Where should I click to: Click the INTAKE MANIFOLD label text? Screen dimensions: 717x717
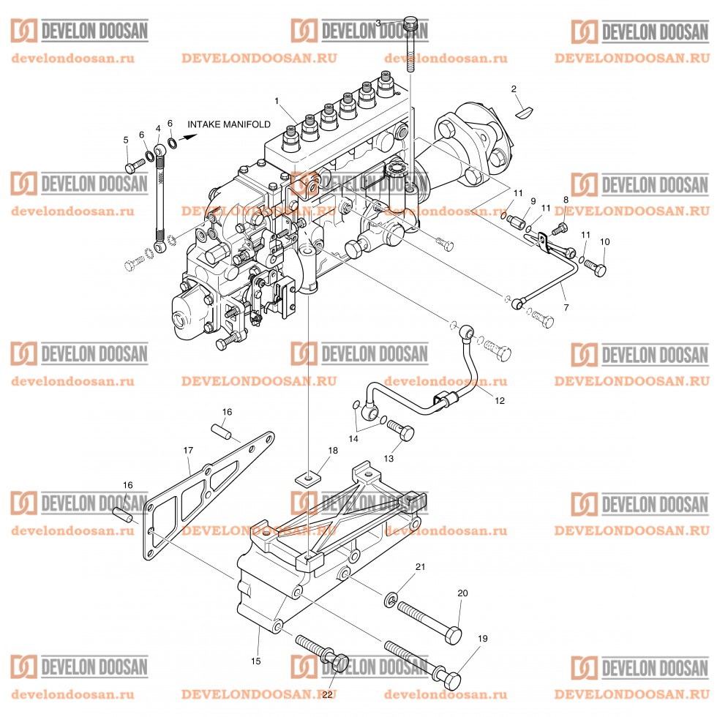[x=229, y=124]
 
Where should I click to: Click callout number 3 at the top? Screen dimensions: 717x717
[x=378, y=23]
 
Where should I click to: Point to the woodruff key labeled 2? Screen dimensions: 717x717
[x=523, y=111]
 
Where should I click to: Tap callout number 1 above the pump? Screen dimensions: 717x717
[x=277, y=100]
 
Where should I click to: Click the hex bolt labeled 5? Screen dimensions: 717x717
[x=132, y=168]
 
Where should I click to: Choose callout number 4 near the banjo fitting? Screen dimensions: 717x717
[x=158, y=129]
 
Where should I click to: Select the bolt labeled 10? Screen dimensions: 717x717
[x=595, y=269]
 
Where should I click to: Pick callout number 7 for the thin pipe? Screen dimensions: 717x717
[x=566, y=308]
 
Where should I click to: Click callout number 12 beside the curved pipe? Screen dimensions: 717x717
[x=500, y=400]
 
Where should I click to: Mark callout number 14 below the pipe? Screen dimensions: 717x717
[x=353, y=439]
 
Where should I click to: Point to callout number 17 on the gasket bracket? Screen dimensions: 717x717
[x=188, y=450]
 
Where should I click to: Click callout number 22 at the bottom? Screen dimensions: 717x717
[x=327, y=694]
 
